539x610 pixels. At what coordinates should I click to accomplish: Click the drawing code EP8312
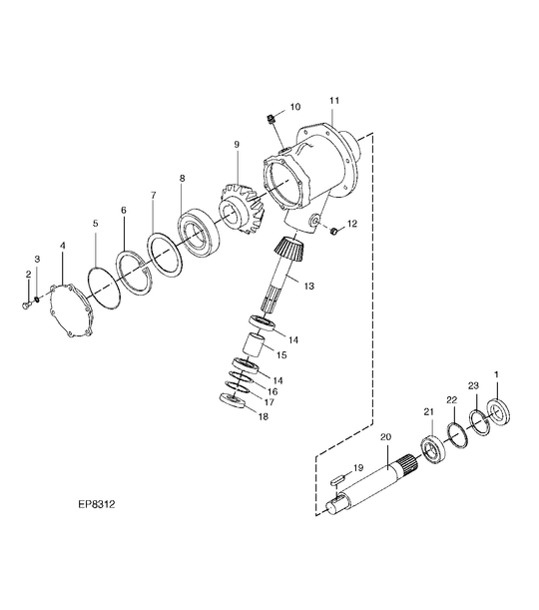click(x=97, y=504)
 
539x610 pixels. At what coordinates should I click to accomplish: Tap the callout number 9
click(x=237, y=145)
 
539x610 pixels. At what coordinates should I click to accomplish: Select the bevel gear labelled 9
click(x=242, y=209)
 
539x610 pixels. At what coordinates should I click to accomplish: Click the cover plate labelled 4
click(x=71, y=311)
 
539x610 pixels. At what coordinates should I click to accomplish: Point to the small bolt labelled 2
click(x=26, y=305)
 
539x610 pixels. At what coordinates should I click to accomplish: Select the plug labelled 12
click(x=332, y=232)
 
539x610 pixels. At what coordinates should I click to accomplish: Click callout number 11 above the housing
click(x=334, y=101)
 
